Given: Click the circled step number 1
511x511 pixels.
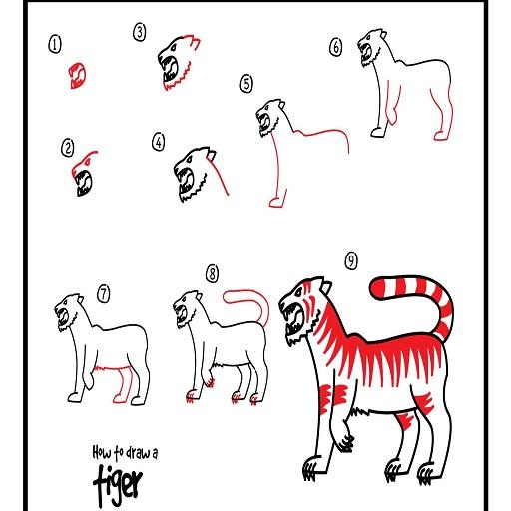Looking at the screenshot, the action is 55,45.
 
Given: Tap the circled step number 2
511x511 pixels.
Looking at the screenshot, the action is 68,148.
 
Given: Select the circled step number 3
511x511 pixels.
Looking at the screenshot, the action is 140,33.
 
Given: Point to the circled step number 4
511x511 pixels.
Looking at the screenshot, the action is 159,142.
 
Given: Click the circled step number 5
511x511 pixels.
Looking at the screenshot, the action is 246,84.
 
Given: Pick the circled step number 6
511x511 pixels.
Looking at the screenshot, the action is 336,47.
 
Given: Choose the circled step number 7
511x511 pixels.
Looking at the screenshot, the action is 104,294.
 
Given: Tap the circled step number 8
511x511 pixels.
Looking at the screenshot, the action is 213,274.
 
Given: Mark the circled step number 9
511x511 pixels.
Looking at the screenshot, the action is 351,260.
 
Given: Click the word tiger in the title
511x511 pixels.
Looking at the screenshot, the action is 118,485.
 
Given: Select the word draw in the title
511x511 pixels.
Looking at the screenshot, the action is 137,453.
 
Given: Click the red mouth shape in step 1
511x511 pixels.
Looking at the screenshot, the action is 78,76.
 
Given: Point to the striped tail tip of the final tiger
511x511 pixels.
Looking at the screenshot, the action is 379,288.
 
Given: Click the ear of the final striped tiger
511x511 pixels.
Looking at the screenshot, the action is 326,286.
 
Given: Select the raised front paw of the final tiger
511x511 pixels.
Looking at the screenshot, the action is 345,441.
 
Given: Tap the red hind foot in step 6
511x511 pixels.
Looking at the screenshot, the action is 441,136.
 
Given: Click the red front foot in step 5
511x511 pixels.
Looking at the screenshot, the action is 276,203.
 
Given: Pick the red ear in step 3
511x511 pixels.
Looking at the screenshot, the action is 194,43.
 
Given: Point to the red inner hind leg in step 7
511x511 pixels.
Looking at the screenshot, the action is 124,384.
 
